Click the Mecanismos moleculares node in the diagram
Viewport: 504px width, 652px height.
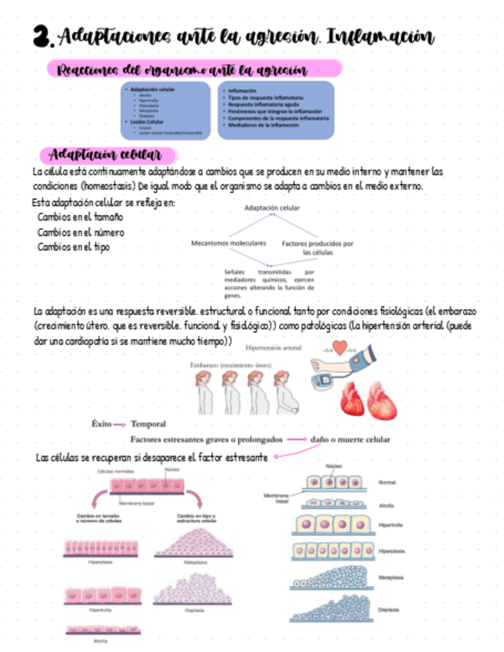228,243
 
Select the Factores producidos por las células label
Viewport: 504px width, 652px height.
317,248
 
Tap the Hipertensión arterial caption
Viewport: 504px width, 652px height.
273,348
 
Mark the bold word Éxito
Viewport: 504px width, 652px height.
101,424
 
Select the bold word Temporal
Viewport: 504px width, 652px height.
148,424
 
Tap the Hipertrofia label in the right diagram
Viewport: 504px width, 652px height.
392,525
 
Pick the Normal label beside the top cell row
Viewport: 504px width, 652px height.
387,482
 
